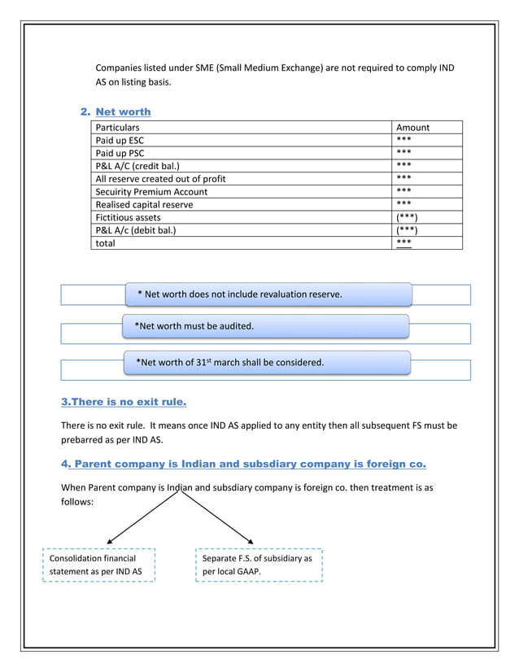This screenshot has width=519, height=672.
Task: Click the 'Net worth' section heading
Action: [x=123, y=111]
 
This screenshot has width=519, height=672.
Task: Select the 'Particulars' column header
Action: [x=118, y=127]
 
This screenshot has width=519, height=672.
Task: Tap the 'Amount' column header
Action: [x=412, y=127]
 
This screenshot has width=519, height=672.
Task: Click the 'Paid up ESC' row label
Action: [x=120, y=140]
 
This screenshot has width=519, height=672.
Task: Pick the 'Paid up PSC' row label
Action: [x=120, y=153]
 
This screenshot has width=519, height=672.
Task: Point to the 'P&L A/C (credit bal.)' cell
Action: [x=137, y=166]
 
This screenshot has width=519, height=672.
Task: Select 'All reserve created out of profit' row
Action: [x=161, y=178]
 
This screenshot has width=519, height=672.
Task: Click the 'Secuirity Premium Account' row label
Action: [x=151, y=191]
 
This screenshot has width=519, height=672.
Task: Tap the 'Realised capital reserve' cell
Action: [x=145, y=204]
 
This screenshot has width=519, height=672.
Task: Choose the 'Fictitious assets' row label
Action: [x=129, y=217]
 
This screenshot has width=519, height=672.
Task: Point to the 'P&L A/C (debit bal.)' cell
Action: [x=136, y=230]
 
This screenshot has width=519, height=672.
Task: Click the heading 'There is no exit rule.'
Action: [x=124, y=402]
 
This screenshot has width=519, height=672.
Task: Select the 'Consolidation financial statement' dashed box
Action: [x=98, y=565]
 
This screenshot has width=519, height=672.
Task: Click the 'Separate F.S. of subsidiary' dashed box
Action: [x=259, y=565]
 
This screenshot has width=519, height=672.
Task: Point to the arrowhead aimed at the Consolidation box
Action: [x=111, y=539]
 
